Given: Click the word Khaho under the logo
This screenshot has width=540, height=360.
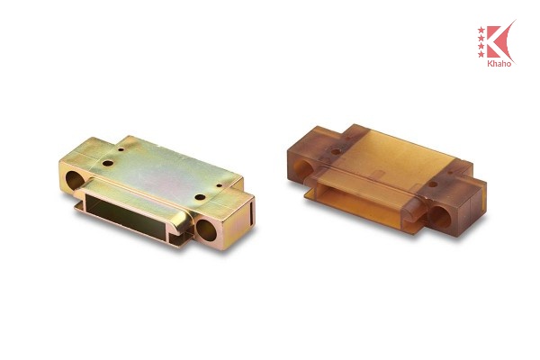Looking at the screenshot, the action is click(x=499, y=64).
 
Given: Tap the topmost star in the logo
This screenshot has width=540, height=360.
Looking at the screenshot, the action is click(x=481, y=30).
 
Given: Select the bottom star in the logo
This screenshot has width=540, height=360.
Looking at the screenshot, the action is click(x=481, y=54).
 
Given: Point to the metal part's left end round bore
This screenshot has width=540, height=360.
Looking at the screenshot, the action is click(x=74, y=181).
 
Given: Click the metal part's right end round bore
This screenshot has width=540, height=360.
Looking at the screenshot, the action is click(x=206, y=230).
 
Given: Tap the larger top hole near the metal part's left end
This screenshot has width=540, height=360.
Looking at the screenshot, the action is click(x=108, y=163).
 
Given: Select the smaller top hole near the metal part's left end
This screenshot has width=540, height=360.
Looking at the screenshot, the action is click(x=121, y=150).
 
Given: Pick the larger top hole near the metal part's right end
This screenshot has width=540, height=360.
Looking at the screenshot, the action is click(x=200, y=197).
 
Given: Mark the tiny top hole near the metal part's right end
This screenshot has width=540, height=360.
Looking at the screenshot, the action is click(x=219, y=185).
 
